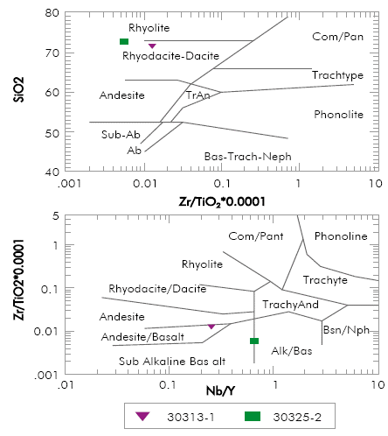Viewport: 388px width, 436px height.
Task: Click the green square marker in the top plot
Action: pos(124,42)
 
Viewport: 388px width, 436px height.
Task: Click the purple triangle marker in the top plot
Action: pos(152,46)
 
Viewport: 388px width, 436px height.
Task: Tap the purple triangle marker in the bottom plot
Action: pos(211,326)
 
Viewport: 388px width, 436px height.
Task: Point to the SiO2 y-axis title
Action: pos(17,93)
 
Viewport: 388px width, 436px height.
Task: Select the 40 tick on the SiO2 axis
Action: pos(52,172)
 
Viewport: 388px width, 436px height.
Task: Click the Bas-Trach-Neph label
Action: pos(246,157)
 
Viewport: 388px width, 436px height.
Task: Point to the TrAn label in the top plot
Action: pos(198,95)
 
